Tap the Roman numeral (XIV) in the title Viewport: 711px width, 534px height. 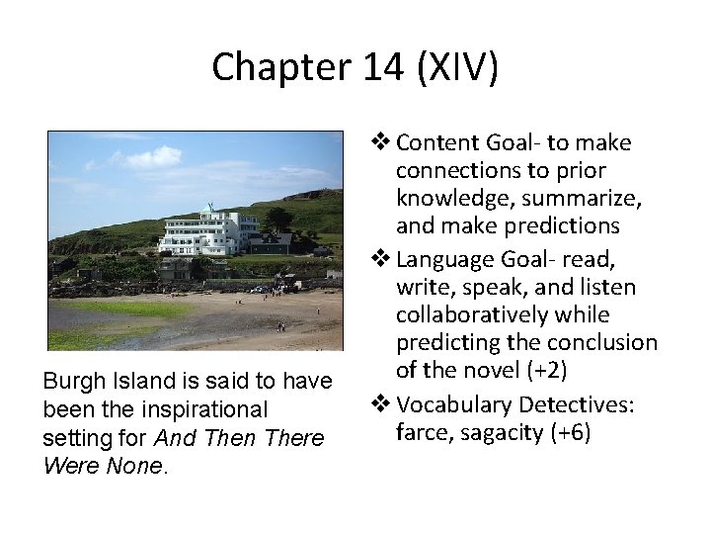point(457,67)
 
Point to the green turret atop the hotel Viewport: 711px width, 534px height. point(207,209)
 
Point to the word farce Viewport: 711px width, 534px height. point(421,431)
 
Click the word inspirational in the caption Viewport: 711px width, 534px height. point(204,410)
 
